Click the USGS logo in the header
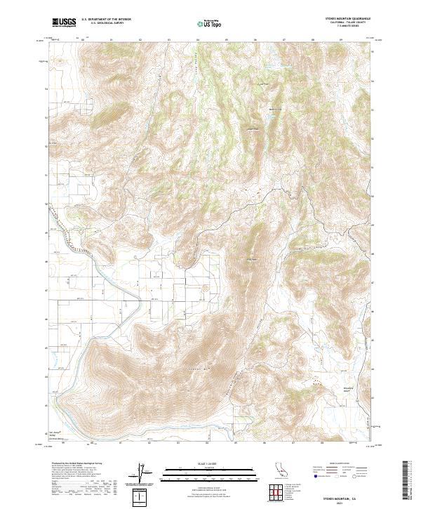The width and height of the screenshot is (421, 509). (62, 22)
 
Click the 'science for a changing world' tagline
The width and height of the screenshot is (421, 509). (62, 26)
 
